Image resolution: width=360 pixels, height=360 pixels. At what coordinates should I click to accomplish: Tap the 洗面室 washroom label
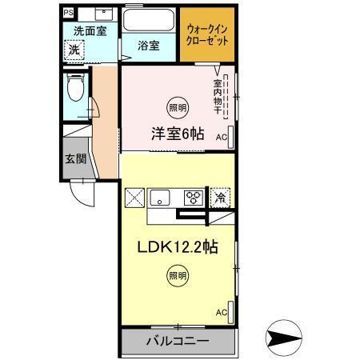coord(90,30)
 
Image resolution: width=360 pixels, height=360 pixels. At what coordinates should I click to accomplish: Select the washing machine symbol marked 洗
coord(73,49)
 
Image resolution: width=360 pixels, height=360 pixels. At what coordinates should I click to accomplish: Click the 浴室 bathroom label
coord(147,46)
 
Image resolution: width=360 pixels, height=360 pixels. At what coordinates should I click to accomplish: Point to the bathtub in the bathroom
coord(147,21)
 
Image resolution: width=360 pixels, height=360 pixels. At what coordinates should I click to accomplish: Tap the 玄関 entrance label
coord(75,157)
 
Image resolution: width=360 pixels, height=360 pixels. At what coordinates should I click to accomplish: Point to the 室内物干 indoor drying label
coord(218,96)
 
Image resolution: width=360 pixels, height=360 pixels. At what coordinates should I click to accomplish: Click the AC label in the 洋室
coord(222,137)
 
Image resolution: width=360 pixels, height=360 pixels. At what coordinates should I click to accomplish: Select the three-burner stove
coord(192,196)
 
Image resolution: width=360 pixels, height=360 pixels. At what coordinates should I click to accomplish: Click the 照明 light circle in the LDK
coord(177,276)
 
